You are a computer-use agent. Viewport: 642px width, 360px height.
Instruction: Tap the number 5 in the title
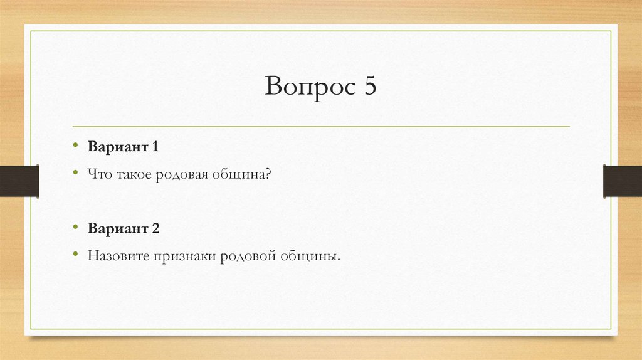368,87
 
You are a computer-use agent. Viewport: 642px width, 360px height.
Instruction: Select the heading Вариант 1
124,147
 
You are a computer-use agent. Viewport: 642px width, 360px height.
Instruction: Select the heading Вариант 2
124,229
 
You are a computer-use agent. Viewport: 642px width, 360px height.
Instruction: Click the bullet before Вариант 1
74,147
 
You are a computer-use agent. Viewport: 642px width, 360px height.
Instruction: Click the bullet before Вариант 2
74,228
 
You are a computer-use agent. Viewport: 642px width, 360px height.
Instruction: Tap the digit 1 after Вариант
154,147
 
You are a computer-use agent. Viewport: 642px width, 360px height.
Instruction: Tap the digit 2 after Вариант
155,229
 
